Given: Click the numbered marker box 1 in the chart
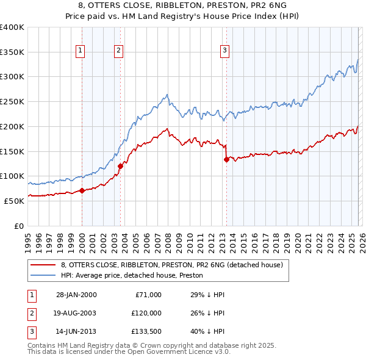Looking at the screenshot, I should click(81, 51).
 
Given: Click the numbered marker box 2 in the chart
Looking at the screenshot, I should click(118, 51).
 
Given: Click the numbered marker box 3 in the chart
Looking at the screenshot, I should click(225, 51).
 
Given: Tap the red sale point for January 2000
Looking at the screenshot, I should click(82, 190).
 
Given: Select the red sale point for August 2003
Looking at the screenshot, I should click(120, 165).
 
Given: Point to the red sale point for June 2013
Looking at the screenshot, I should click(226, 159).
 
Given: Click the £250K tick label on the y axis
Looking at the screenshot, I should click(12, 101).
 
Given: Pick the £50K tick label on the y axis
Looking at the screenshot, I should click(13, 201).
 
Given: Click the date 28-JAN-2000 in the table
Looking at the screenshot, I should click(76, 295).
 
